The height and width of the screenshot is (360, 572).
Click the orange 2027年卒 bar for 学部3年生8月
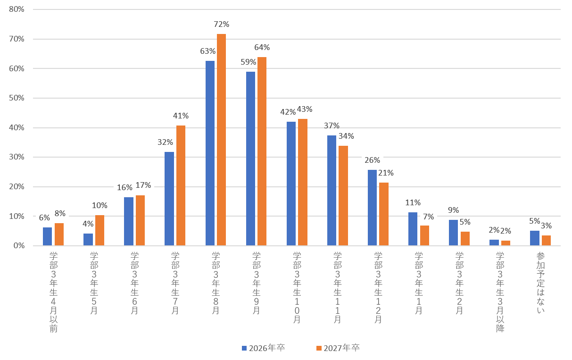click(x=221, y=140)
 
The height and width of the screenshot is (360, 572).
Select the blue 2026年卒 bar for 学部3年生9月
click(x=250, y=159)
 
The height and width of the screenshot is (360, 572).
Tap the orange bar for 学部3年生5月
click(x=99, y=230)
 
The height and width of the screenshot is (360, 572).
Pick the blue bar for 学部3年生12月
click(x=372, y=208)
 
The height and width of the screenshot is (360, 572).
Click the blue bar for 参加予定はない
click(x=534, y=238)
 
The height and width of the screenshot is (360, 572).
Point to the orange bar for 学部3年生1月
click(x=424, y=235)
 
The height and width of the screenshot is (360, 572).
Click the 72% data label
click(x=222, y=24)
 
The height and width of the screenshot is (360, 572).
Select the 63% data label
click(x=208, y=51)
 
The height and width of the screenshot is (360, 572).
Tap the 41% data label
click(x=181, y=116)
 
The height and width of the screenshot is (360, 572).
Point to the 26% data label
click(x=372, y=160)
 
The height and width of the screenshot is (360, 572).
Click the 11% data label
click(x=413, y=202)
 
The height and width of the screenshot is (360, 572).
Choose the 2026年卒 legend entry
click(x=263, y=348)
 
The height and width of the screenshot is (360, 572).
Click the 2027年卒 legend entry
click(x=338, y=348)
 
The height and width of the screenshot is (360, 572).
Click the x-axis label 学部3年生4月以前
click(x=53, y=292)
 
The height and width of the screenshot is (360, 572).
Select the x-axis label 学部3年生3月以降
click(x=500, y=292)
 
